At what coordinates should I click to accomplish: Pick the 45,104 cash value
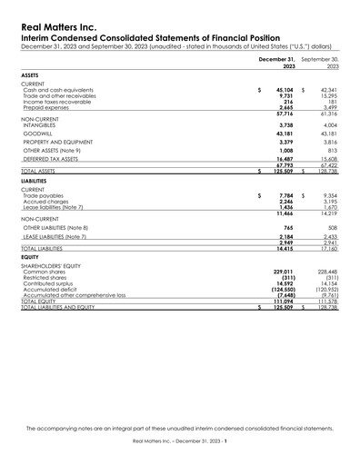pyautogui.click(x=282, y=90)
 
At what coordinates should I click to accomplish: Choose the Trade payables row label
pyautogui.click(x=44, y=195)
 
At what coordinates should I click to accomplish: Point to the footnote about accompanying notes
pyautogui.click(x=179, y=427)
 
